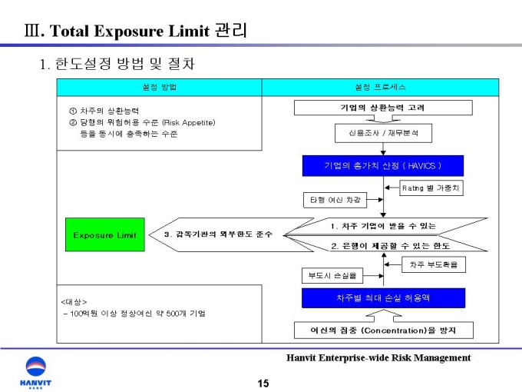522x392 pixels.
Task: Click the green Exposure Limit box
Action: tap(104, 234)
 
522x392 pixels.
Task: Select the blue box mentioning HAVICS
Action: tap(383, 166)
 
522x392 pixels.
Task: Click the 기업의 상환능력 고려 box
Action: tap(383, 108)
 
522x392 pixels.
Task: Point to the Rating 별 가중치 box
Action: tap(432, 187)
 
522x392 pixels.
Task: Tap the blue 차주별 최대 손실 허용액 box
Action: tap(383, 297)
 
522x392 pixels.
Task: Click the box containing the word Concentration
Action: tap(383, 331)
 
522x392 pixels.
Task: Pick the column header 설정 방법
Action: tap(159, 87)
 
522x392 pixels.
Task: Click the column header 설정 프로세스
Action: tap(381, 87)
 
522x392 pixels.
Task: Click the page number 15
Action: tap(263, 383)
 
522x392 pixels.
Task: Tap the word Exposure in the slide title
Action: tap(142, 31)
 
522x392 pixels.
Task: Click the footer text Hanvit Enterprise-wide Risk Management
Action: tap(378, 357)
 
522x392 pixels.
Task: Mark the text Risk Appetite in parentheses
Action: tap(189, 122)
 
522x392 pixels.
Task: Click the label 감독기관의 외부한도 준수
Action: tap(218, 234)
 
